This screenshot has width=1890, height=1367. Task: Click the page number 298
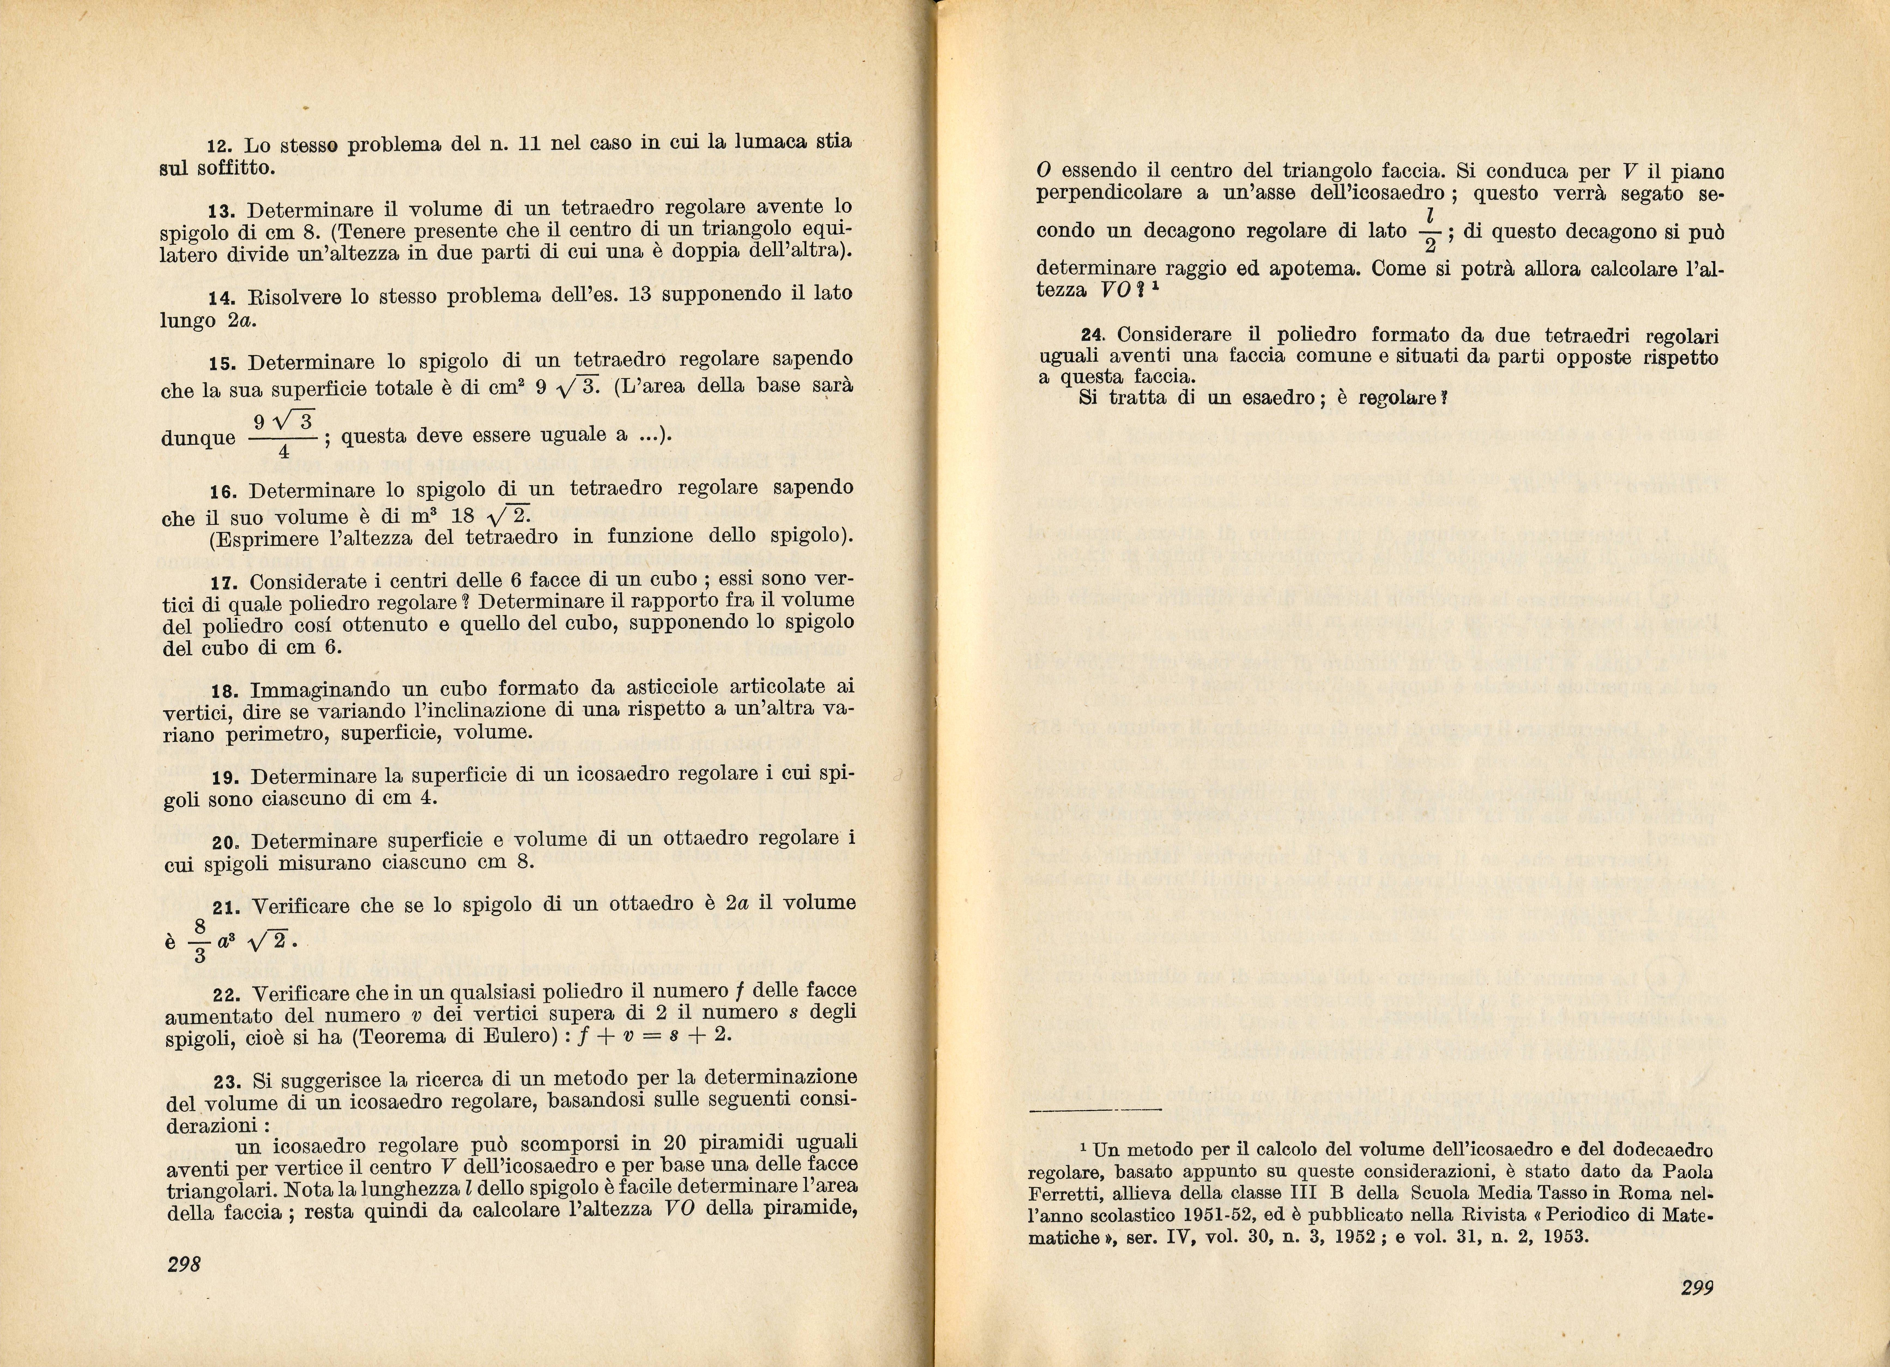[x=184, y=1265]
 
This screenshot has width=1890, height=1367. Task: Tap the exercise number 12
[x=218, y=146]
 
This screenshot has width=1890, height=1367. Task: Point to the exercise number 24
[x=1092, y=335]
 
